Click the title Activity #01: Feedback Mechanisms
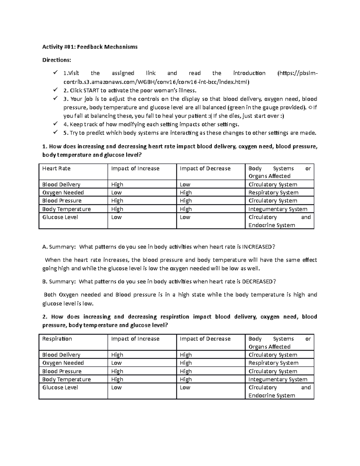[x=90, y=47]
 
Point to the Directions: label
[x=57, y=60]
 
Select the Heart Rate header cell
[x=56, y=169]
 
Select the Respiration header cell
[x=57, y=339]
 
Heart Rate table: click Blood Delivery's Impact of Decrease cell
[x=185, y=185]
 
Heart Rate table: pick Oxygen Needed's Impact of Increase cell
[x=116, y=193]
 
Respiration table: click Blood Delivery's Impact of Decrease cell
[x=186, y=355]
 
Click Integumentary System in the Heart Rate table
[x=278, y=209]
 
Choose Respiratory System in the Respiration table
[x=273, y=363]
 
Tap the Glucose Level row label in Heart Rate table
[x=60, y=217]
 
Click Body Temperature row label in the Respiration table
[x=66, y=380]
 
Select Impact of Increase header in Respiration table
[x=135, y=339]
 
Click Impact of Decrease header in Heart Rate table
[x=205, y=169]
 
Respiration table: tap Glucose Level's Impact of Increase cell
[x=116, y=388]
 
